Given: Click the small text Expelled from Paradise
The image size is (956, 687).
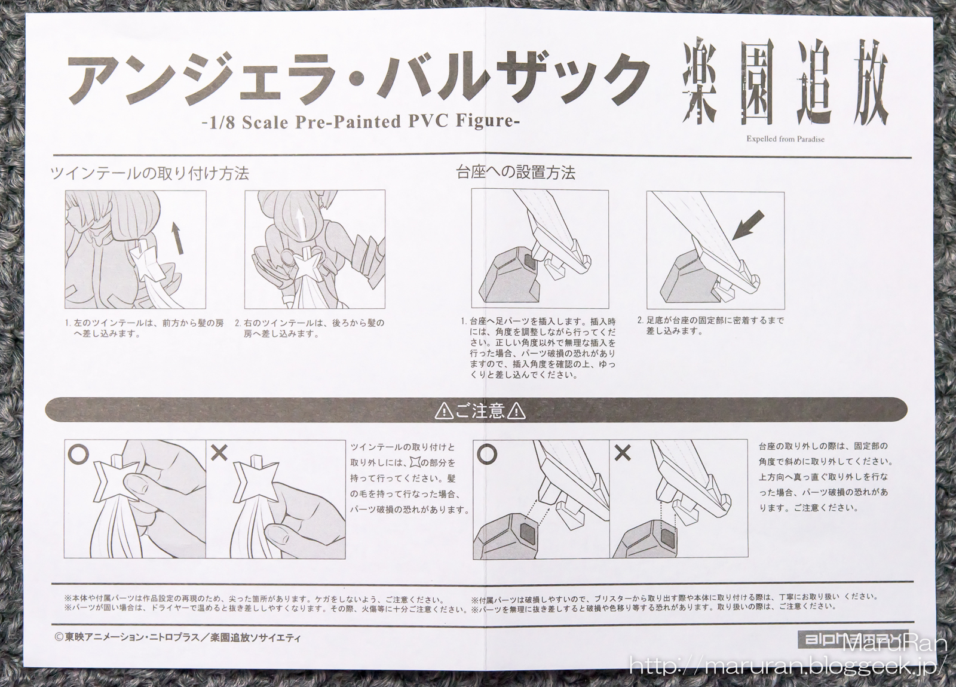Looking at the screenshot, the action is tap(785, 139).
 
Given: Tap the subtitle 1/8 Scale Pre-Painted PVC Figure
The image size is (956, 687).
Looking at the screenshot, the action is tap(361, 122).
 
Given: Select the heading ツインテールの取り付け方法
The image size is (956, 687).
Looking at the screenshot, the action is tap(149, 174).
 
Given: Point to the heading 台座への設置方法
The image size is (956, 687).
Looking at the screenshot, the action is tap(516, 173).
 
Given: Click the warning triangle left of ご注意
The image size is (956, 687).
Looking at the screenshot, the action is tap(445, 412).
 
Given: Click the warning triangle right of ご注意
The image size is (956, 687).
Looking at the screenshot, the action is tap(517, 412).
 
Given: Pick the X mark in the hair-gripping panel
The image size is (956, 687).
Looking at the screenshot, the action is tap(219, 452).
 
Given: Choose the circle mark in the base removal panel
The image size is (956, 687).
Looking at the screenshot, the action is tap(488, 455).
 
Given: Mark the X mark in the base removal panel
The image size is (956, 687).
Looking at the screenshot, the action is tap(623, 453).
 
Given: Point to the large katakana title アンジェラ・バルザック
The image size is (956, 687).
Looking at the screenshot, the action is tap(358, 81).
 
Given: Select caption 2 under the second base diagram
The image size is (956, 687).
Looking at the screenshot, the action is tap(710, 325).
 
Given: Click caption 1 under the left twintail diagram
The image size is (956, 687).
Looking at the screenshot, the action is tap(144, 328).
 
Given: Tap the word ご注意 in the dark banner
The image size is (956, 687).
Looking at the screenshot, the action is tap(480, 412).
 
